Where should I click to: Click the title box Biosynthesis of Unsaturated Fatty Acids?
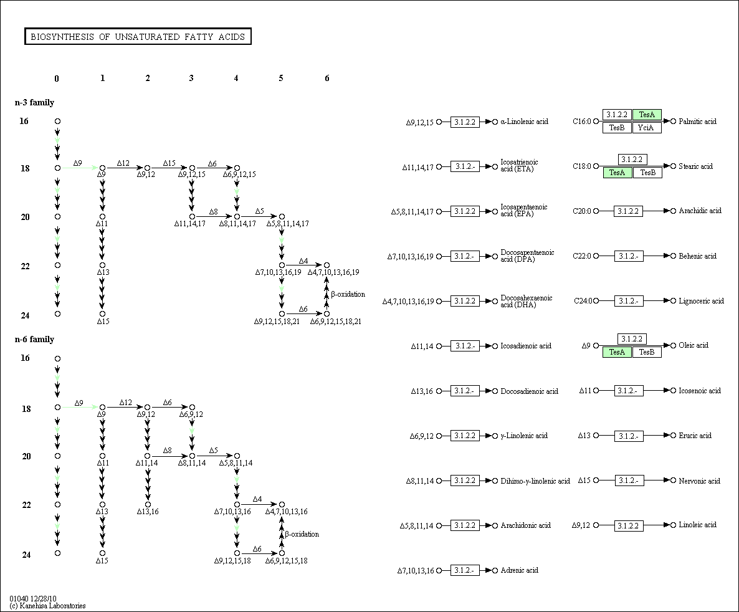138,37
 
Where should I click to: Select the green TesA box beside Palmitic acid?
647,115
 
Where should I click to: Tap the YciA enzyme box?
647,128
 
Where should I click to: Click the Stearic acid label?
695,166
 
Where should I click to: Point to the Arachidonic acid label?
525,525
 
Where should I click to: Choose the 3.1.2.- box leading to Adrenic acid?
465,570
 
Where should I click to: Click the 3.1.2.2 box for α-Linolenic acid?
465,122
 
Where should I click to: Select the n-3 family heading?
34,102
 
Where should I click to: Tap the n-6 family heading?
34,339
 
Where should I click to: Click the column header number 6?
327,79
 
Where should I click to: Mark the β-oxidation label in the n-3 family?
348,294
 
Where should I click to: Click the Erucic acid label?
695,436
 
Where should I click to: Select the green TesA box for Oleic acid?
617,352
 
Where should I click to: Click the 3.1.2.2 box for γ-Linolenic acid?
465,436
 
